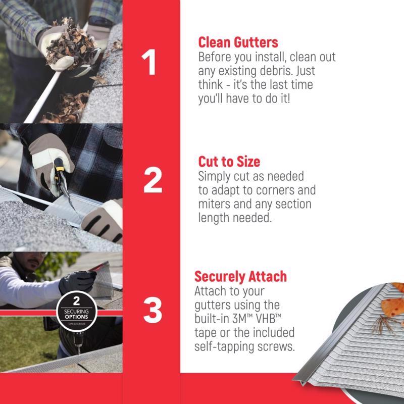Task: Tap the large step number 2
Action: click(152, 180)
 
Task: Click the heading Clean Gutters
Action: click(238, 42)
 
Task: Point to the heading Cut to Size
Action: click(229, 162)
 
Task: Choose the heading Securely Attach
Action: click(240, 277)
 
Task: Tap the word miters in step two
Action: click(215, 205)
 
